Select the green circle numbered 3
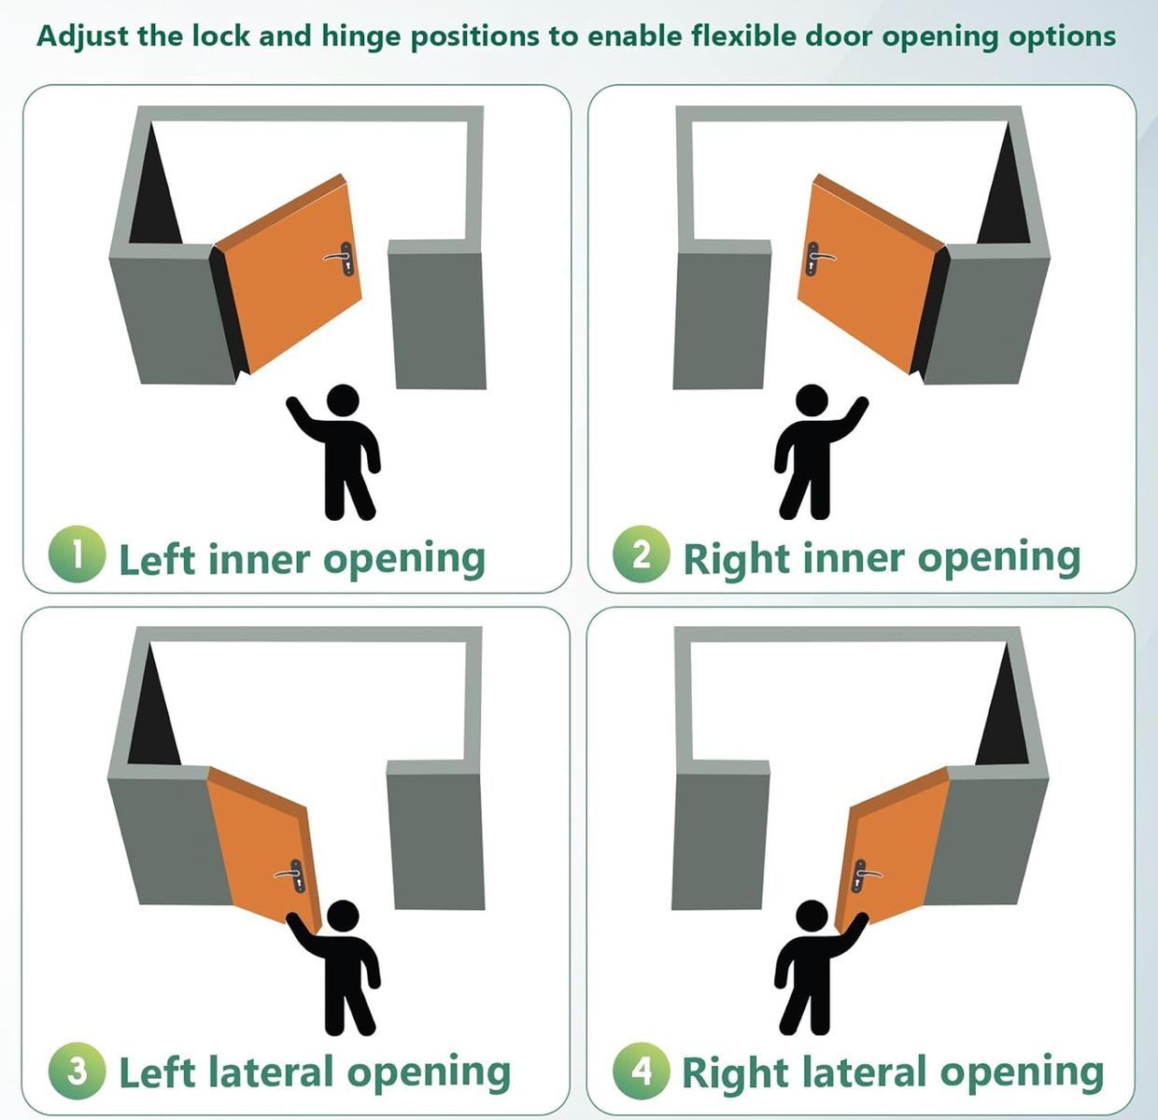pos(77,1070)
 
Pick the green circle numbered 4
pos(641,1070)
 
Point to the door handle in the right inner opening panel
pos(816,257)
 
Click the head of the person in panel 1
pos(343,401)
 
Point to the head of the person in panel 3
pos(343,917)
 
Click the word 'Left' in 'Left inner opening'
pos(156,558)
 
